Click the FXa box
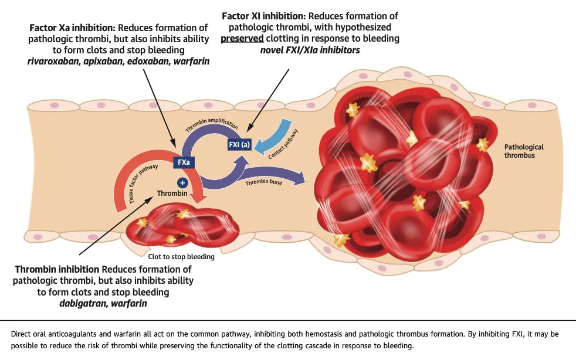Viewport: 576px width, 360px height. click(x=184, y=162)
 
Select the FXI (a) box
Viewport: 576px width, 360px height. click(x=239, y=144)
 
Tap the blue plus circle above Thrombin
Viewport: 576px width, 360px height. click(x=182, y=183)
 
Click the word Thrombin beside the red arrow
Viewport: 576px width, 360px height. click(x=172, y=193)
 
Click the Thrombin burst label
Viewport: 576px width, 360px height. click(x=264, y=182)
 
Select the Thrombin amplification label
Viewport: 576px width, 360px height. click(x=212, y=124)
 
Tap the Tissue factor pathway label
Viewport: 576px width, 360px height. click(x=143, y=184)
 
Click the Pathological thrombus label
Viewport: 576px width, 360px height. click(x=523, y=151)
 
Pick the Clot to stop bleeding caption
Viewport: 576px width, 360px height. click(x=181, y=256)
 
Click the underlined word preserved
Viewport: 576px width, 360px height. click(x=242, y=39)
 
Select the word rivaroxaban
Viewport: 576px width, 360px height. click(x=53, y=62)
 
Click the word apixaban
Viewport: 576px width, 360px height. click(x=103, y=62)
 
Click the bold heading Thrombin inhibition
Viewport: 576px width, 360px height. click(x=57, y=269)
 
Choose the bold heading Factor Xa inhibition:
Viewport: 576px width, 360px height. click(x=73, y=28)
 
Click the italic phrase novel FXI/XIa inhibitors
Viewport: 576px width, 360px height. click(x=310, y=50)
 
